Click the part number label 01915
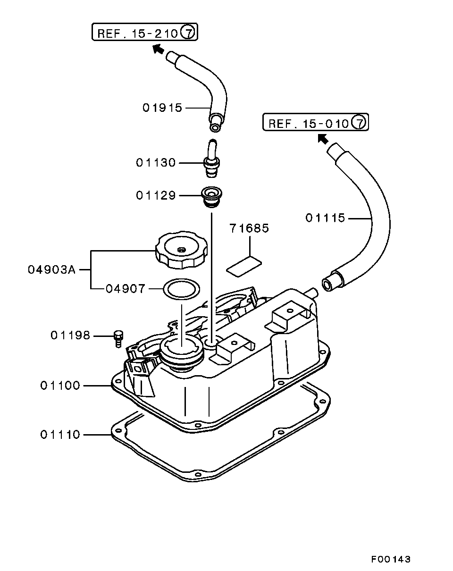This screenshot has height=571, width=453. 162,108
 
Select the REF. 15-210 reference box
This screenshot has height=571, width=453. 145,32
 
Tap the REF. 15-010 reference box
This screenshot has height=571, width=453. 316,122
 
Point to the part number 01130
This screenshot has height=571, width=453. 156,162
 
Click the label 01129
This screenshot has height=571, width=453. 156,195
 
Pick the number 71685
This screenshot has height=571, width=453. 249,228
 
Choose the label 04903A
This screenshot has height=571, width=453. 52,270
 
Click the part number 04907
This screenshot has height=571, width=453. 126,288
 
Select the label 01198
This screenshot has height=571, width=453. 70,336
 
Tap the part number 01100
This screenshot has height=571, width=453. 60,386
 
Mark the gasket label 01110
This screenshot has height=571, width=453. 60,435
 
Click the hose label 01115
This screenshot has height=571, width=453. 325,218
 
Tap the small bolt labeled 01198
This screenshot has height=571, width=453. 118,339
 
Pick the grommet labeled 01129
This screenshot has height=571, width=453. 211,197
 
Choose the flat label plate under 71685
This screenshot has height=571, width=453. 244,267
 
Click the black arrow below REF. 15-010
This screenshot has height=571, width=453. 323,139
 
